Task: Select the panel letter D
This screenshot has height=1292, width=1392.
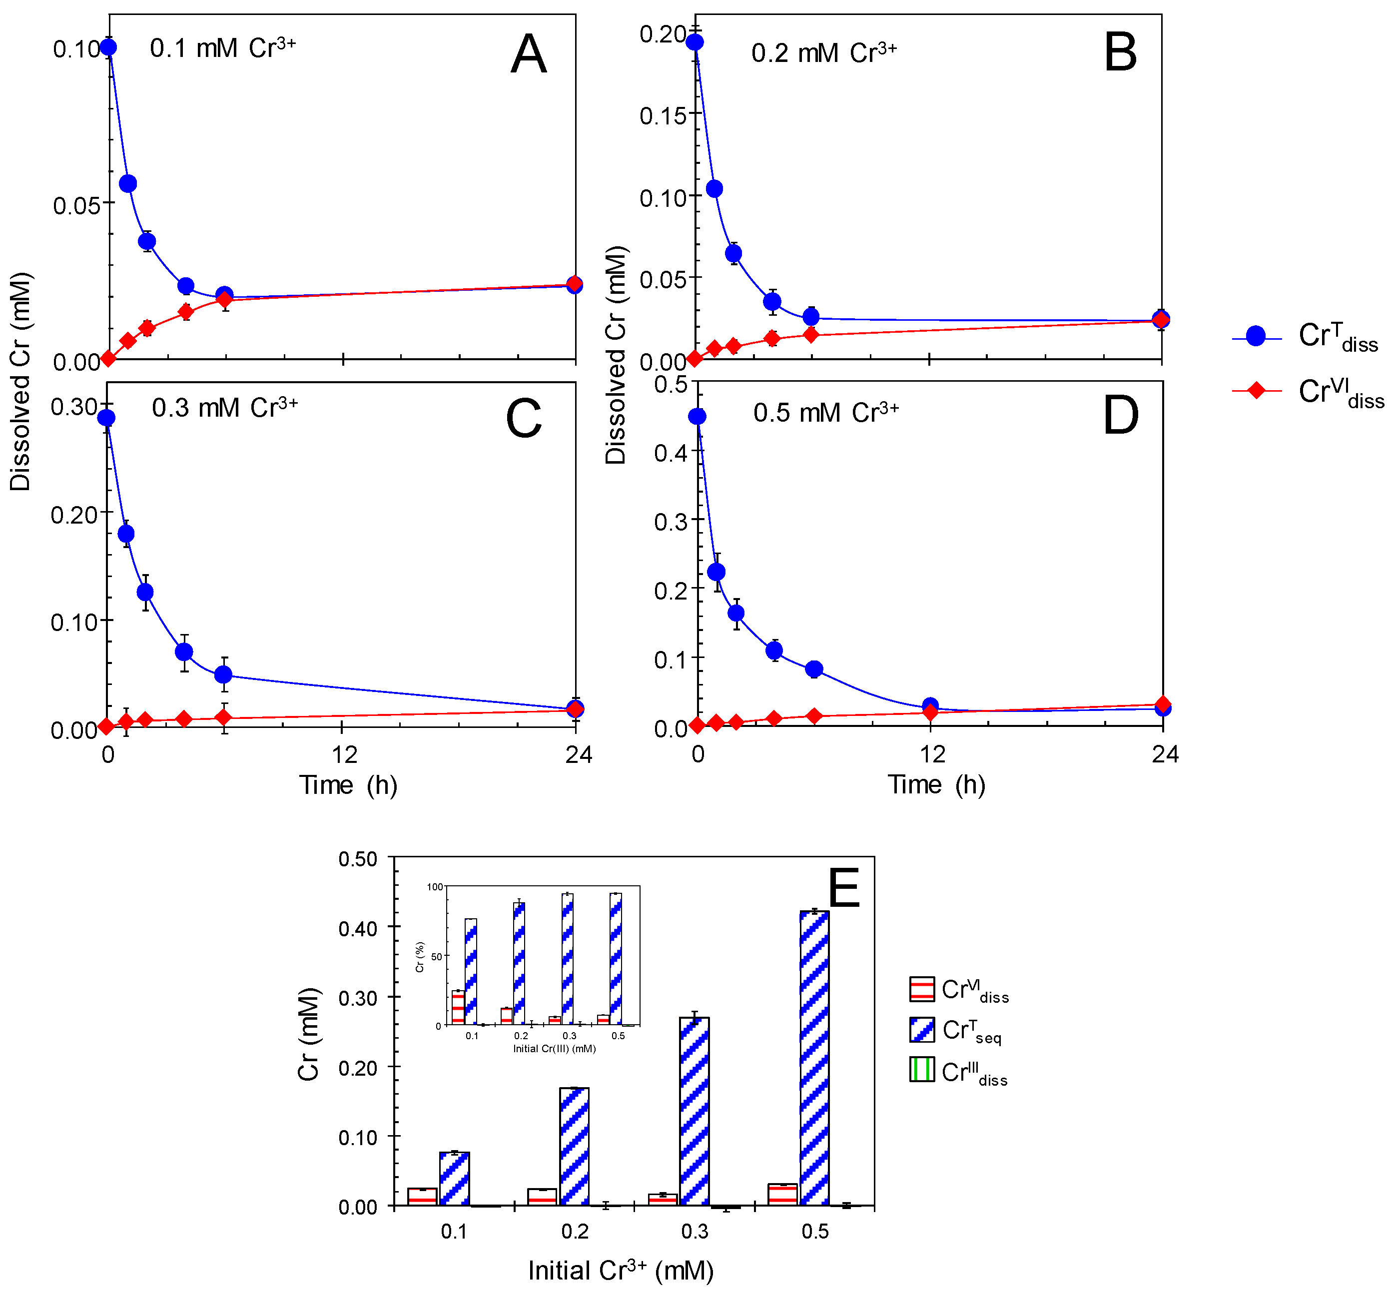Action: click(1120, 415)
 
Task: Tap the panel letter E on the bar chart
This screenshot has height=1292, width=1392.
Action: click(844, 887)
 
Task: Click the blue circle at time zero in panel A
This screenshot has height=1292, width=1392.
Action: click(108, 47)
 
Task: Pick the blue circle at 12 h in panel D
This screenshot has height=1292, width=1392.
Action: click(930, 706)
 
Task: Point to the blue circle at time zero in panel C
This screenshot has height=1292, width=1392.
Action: click(106, 417)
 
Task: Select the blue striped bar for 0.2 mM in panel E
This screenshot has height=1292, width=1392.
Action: click(574, 1147)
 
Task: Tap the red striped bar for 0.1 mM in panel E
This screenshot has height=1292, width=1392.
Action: click(422, 1197)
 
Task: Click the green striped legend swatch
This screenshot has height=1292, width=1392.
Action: click(921, 1070)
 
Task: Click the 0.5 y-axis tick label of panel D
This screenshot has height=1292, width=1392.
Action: click(671, 384)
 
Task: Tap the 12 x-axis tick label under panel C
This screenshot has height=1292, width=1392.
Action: click(344, 754)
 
